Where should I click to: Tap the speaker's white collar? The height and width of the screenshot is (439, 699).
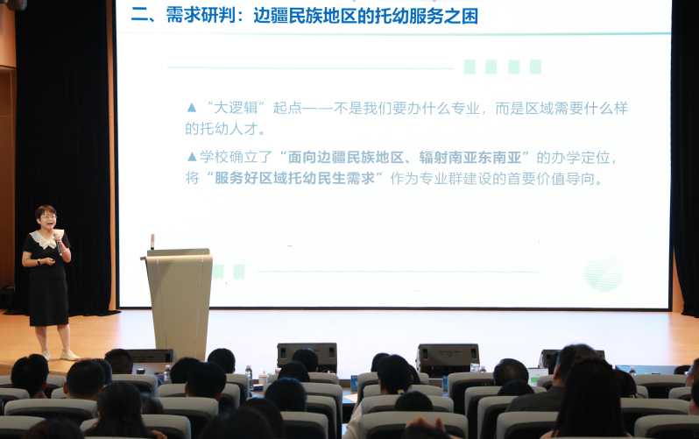pos(45,238)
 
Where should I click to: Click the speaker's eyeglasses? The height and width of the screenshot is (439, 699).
pos(48,217)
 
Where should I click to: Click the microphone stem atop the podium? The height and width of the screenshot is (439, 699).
pos(152,241)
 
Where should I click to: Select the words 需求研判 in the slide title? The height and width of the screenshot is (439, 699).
pos(201,16)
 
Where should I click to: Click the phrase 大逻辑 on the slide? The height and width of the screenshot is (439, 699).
pos(236,108)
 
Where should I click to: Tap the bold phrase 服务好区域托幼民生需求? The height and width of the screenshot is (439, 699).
pos(294,178)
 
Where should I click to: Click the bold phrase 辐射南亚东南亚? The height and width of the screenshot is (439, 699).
pos(470,157)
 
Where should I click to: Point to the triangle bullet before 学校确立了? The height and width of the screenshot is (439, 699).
pos(192,157)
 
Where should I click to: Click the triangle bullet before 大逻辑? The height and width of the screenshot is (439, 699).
pos(192,108)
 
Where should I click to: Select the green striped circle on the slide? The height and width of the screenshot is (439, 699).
pos(604,273)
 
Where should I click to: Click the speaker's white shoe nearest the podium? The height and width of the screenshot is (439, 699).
pos(69,356)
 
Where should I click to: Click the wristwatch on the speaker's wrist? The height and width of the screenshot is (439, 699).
pos(39,262)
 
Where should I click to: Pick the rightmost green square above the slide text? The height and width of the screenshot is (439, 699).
pos(535,67)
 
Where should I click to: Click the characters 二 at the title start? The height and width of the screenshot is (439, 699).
pos(139,16)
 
